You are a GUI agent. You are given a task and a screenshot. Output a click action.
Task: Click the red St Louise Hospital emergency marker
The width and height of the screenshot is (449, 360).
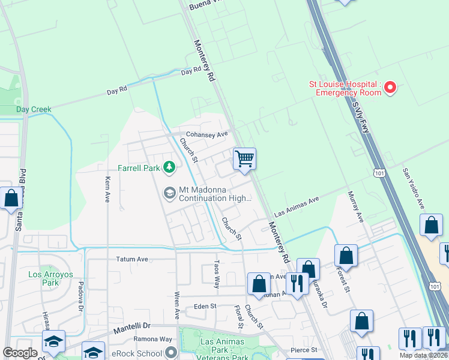(390, 88)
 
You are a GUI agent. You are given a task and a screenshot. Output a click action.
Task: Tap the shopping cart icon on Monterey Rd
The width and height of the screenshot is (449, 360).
(244, 160)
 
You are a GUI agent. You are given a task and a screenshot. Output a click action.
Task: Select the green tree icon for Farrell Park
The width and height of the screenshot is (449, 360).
(169, 167)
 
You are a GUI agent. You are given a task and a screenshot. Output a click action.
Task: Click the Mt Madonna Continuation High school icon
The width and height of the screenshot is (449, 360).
(169, 192)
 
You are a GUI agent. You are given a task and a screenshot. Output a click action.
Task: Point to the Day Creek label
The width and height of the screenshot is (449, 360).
(34, 110)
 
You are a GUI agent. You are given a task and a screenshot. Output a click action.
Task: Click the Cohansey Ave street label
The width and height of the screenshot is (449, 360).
(207, 134)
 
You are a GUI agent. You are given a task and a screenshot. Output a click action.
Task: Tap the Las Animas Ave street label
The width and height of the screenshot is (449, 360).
(296, 206)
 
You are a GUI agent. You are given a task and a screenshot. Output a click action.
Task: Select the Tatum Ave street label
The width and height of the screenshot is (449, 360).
(131, 259)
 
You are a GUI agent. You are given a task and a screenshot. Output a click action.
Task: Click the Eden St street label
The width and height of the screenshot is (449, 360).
(205, 306)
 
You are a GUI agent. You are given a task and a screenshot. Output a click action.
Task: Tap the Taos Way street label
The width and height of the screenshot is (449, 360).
(217, 275)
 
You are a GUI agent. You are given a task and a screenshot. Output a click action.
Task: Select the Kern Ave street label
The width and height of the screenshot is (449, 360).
(107, 189)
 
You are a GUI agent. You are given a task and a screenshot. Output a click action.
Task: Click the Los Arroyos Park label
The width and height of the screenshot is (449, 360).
(51, 278)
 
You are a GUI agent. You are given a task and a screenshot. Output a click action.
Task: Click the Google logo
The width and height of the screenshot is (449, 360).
(20, 353)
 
